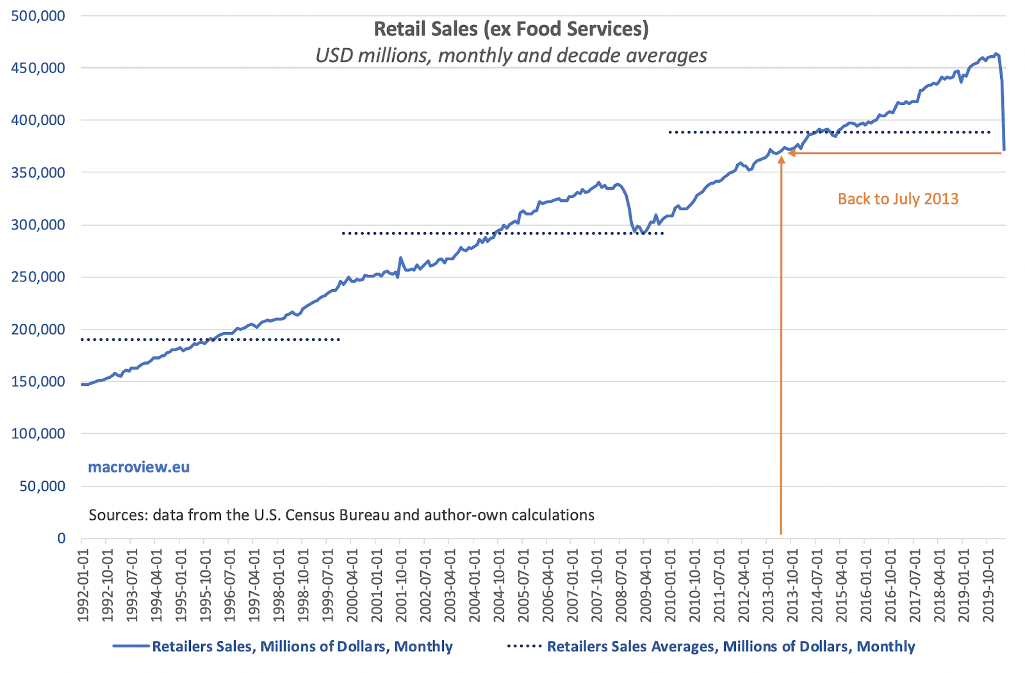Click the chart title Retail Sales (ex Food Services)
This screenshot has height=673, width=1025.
(x=511, y=29)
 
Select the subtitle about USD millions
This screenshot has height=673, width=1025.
(x=511, y=56)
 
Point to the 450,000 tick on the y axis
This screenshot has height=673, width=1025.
(x=38, y=68)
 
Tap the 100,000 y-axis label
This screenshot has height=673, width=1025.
(x=38, y=434)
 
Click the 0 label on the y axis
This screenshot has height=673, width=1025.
(x=61, y=538)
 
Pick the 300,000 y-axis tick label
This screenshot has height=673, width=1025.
(x=38, y=225)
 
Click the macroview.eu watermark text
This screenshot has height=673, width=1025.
(x=138, y=467)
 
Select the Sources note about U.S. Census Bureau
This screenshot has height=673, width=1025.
(x=341, y=515)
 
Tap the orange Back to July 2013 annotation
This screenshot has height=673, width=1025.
(x=898, y=199)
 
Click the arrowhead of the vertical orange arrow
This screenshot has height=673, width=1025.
(x=781, y=158)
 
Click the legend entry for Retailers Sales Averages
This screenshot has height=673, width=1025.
(x=730, y=647)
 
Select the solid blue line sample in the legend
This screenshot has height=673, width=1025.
(x=131, y=647)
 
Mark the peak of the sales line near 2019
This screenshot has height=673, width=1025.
(x=996, y=54)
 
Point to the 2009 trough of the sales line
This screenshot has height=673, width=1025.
(x=643, y=232)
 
